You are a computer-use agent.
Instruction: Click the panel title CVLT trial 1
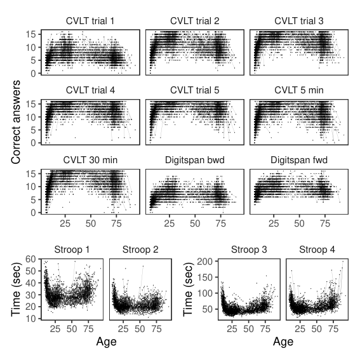point(90,21)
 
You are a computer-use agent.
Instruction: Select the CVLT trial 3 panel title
point(299,21)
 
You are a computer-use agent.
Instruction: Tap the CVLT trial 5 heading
point(195,90)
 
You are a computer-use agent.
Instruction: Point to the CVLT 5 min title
point(299,90)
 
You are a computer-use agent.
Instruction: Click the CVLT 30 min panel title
point(90,160)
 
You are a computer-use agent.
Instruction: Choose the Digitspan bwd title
point(195,160)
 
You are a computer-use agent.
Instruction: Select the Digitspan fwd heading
point(299,160)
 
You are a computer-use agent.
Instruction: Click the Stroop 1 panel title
point(72,250)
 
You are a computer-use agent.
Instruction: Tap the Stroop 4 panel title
point(317,250)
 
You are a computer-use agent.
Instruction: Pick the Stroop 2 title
point(140,250)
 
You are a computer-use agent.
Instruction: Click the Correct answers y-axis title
point(16,122)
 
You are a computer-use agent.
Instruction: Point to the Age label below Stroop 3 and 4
point(283,342)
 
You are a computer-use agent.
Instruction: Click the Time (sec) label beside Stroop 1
point(17,290)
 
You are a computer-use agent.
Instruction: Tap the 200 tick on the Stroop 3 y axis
point(205,262)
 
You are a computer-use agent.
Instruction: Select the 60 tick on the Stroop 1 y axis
point(30,259)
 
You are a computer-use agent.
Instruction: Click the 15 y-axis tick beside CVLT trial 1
point(30,34)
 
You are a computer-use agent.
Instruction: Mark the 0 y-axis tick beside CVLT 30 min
point(33,213)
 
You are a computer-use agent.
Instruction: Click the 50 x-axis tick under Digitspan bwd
point(195,223)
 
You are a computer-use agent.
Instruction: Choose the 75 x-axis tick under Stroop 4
point(333,329)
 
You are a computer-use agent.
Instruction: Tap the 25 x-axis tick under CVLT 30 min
point(65,223)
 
